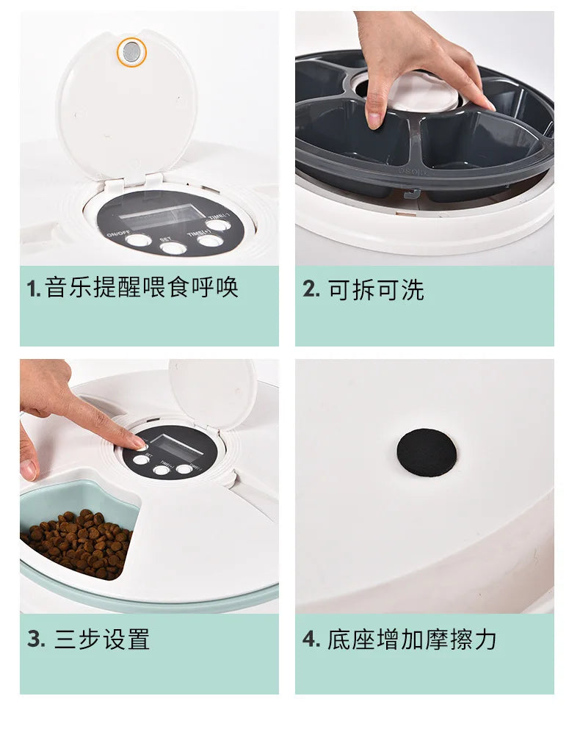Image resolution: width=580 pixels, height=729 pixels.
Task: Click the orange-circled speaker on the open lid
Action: point(132,51)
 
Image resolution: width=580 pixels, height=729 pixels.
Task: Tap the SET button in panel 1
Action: point(173,247)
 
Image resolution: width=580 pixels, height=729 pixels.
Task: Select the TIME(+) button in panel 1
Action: point(217,225)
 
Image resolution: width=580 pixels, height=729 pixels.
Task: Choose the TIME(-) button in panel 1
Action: point(209,241)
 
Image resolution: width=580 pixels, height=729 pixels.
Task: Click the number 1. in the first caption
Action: point(33,289)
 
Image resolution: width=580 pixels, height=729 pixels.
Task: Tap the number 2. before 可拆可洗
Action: point(311,289)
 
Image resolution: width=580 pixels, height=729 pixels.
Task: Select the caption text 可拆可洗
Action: point(376,290)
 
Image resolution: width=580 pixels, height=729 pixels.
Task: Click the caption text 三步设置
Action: point(102,639)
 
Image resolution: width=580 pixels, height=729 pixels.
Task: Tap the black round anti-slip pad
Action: point(427,453)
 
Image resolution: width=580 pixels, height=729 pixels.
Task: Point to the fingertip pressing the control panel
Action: point(137,443)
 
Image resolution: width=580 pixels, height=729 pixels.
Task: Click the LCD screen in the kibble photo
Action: point(167,446)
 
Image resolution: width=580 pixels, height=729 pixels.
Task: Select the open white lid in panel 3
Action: point(212,393)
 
